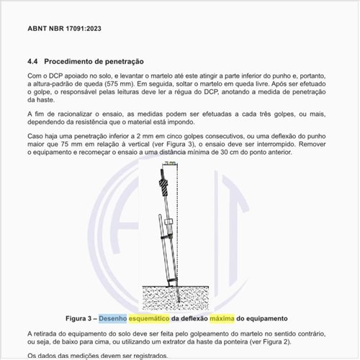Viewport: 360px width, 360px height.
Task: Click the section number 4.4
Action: (x=34, y=62)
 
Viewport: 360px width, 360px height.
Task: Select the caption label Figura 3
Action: (x=79, y=318)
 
